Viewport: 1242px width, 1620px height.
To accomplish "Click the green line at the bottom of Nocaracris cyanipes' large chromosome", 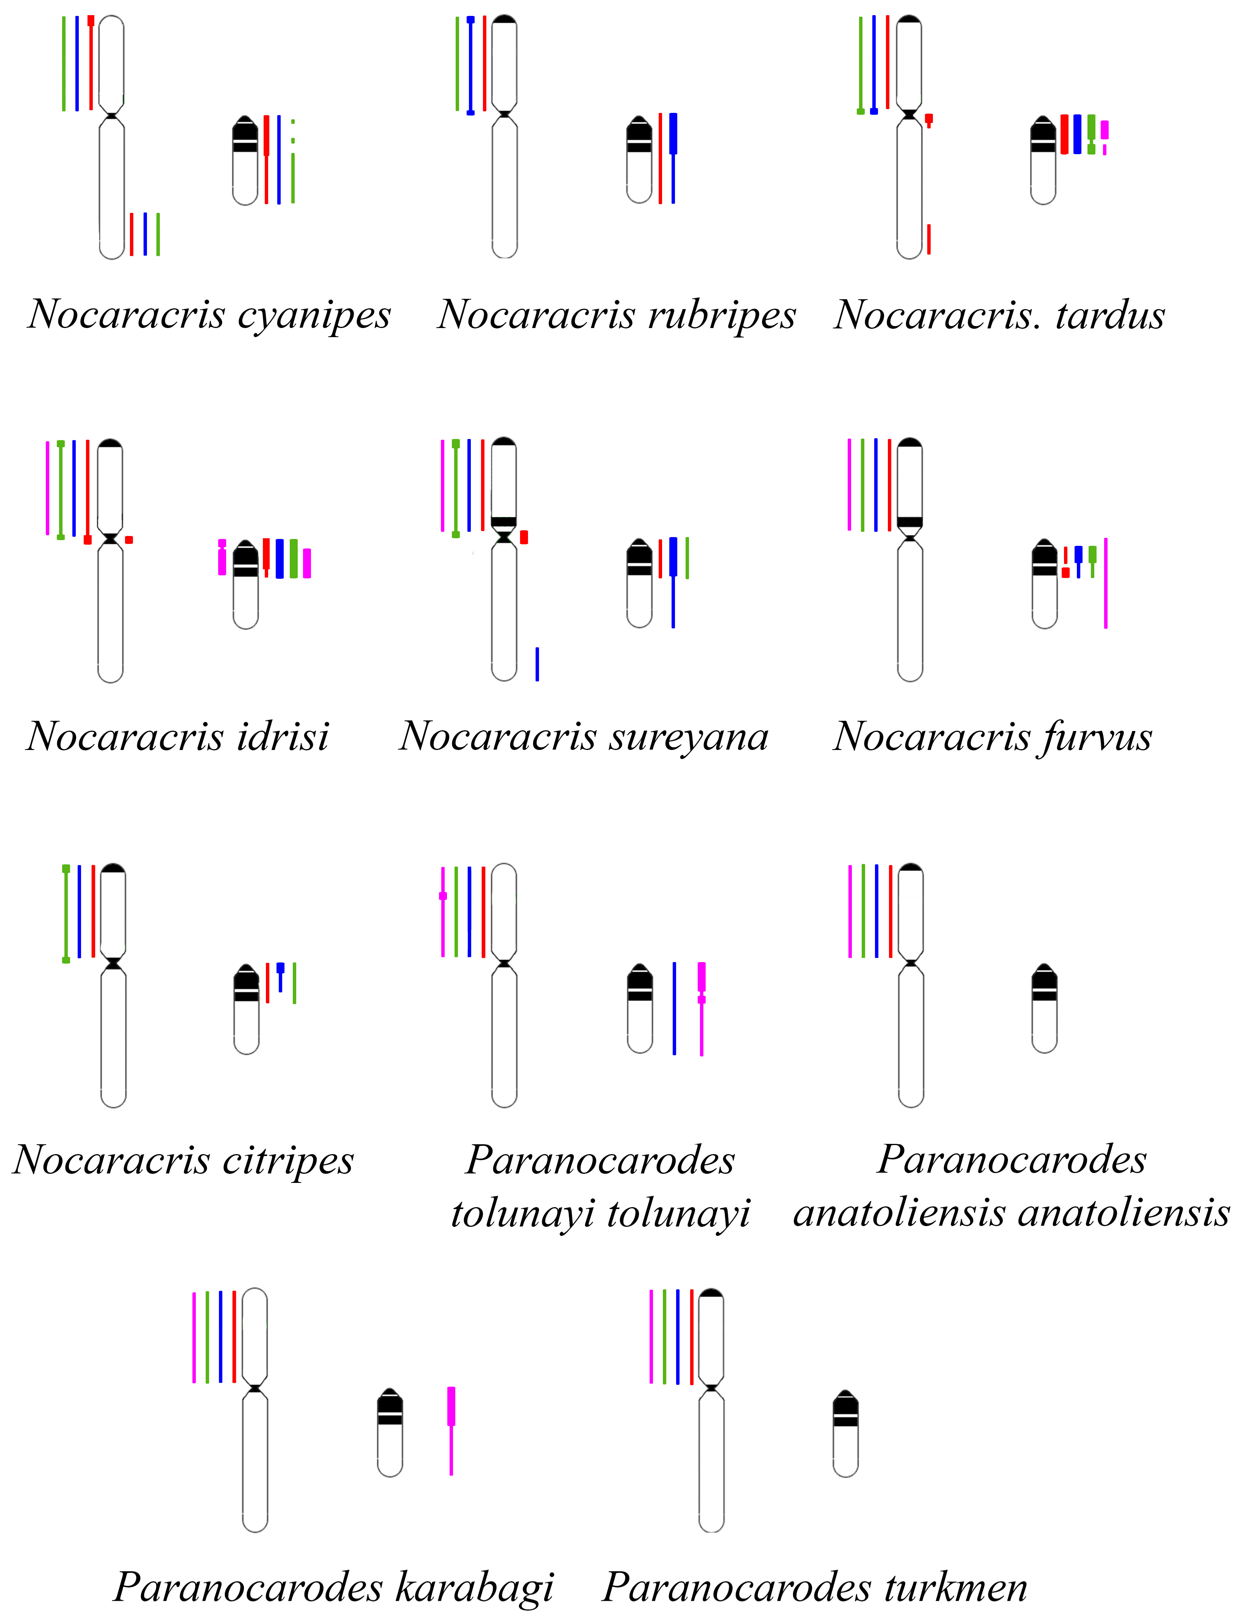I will pos(158,234).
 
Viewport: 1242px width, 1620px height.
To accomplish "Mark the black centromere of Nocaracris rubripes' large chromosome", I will pos(504,114).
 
